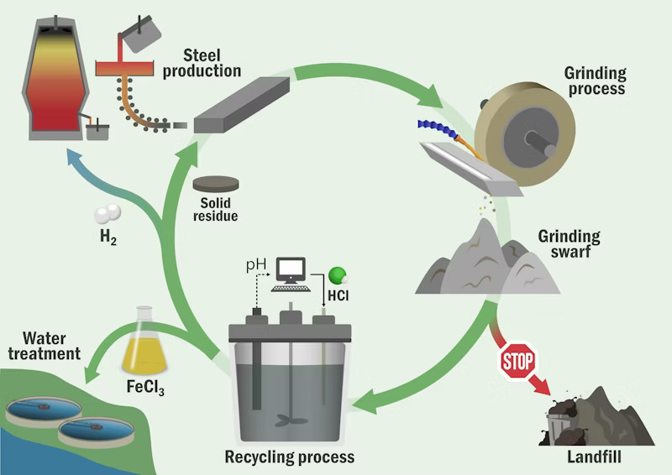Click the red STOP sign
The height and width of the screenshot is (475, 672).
[x=518, y=362]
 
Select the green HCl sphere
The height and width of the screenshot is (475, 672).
[x=337, y=274]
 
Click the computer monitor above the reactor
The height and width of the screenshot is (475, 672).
[x=292, y=270]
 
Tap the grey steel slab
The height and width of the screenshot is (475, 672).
[x=241, y=104]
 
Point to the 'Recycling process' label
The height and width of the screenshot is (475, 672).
[x=289, y=457]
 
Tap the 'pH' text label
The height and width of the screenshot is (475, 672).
[x=255, y=266]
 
